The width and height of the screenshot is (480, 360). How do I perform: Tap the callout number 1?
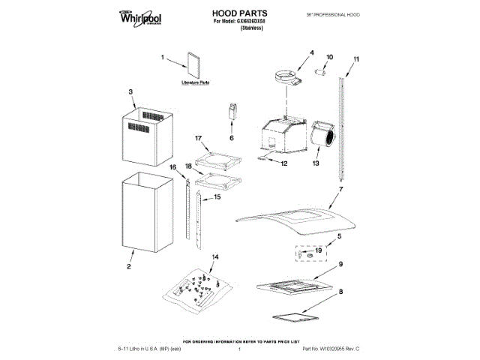click(163, 56)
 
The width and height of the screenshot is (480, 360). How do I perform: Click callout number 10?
click(329, 57)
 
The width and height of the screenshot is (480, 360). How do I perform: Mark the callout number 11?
click(356, 58)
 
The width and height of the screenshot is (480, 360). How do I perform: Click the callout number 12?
click(284, 163)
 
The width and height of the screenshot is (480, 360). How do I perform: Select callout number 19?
click(318, 250)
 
